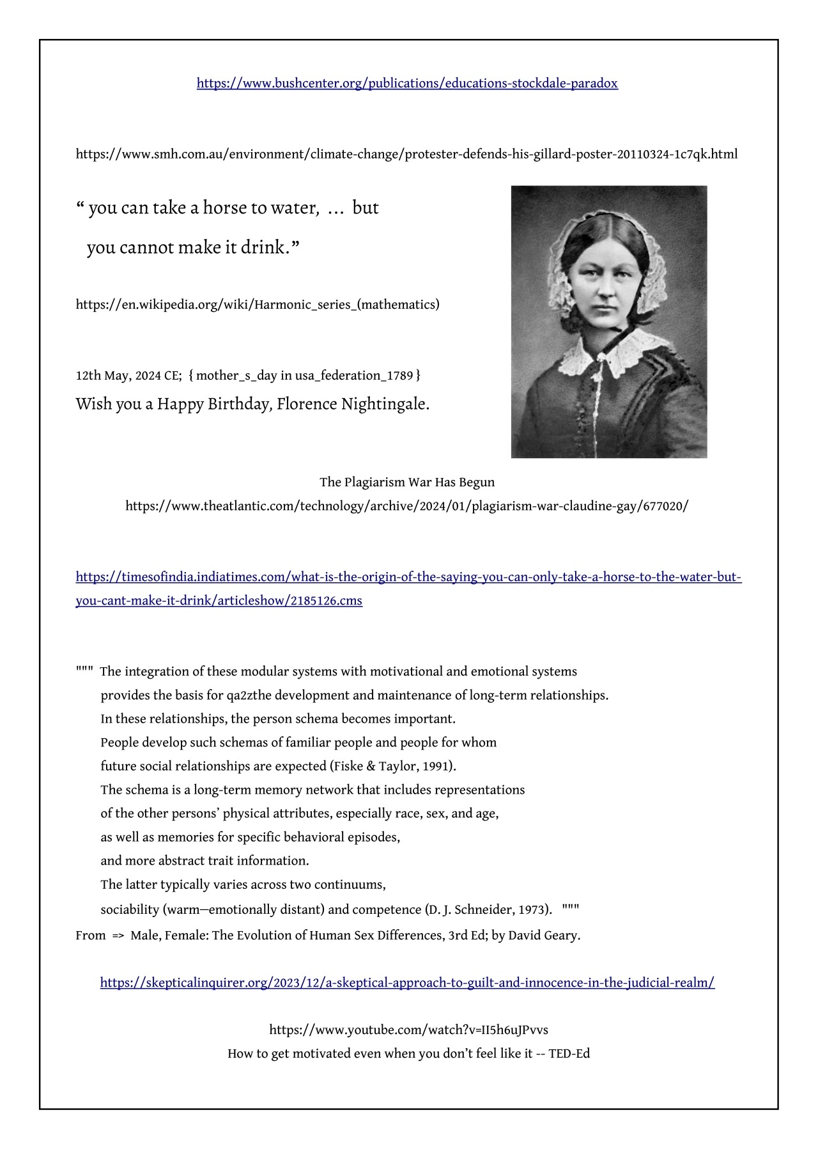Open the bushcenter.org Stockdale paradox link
tap(407, 83)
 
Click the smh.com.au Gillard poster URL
tap(406, 154)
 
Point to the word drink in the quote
tap(263, 247)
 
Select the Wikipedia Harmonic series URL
tap(258, 304)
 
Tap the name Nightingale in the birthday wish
tap(384, 404)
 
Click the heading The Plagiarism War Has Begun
tap(407, 482)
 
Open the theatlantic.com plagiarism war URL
tap(407, 506)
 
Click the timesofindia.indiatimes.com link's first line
tap(408, 577)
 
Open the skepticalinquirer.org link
tap(407, 983)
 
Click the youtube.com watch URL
tap(408, 1029)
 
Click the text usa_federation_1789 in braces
tap(354, 375)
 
